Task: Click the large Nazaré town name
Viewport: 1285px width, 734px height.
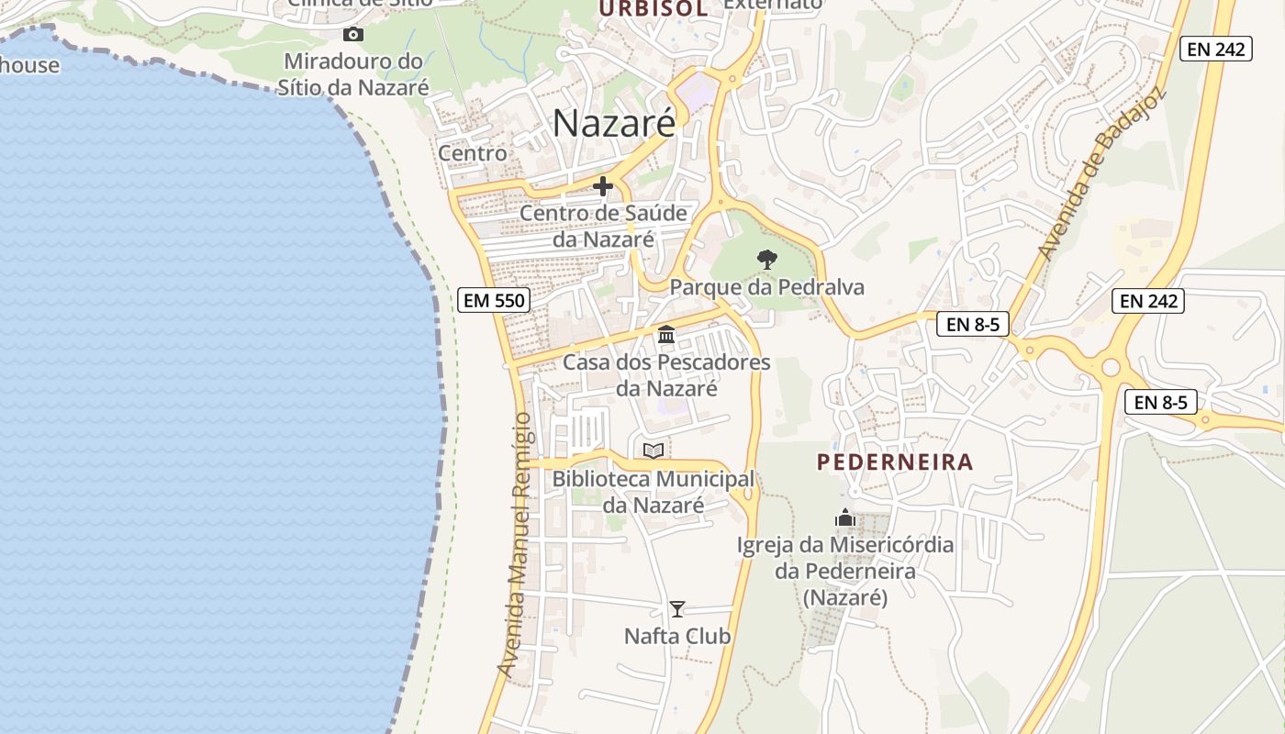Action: pos(614,123)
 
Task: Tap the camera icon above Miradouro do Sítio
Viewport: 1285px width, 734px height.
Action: pos(353,35)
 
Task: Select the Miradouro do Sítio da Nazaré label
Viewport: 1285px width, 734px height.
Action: pos(354,74)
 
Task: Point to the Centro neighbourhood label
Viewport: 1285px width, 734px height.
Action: pos(473,153)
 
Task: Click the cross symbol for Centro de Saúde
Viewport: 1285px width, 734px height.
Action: pos(603,186)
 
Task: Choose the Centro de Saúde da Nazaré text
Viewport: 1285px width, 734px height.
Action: pos(603,226)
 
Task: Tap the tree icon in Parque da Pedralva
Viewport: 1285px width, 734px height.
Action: pos(766,260)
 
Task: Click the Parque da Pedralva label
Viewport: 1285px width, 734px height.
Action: pos(766,287)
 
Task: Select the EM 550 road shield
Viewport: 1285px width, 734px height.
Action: pos(494,300)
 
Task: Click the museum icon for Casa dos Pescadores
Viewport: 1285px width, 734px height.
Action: pos(666,335)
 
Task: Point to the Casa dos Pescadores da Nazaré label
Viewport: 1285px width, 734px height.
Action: pos(666,374)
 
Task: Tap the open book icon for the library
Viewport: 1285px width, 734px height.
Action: pos(654,450)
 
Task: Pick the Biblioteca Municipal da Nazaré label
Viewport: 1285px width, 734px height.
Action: pos(654,492)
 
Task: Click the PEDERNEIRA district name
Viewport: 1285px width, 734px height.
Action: pos(895,462)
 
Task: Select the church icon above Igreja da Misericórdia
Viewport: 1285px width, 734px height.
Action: pos(845,518)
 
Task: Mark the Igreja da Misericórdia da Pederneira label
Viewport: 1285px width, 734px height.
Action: pos(845,571)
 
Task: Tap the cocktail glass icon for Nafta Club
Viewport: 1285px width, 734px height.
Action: pos(677,608)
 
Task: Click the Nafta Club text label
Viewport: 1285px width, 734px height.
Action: pos(677,636)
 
